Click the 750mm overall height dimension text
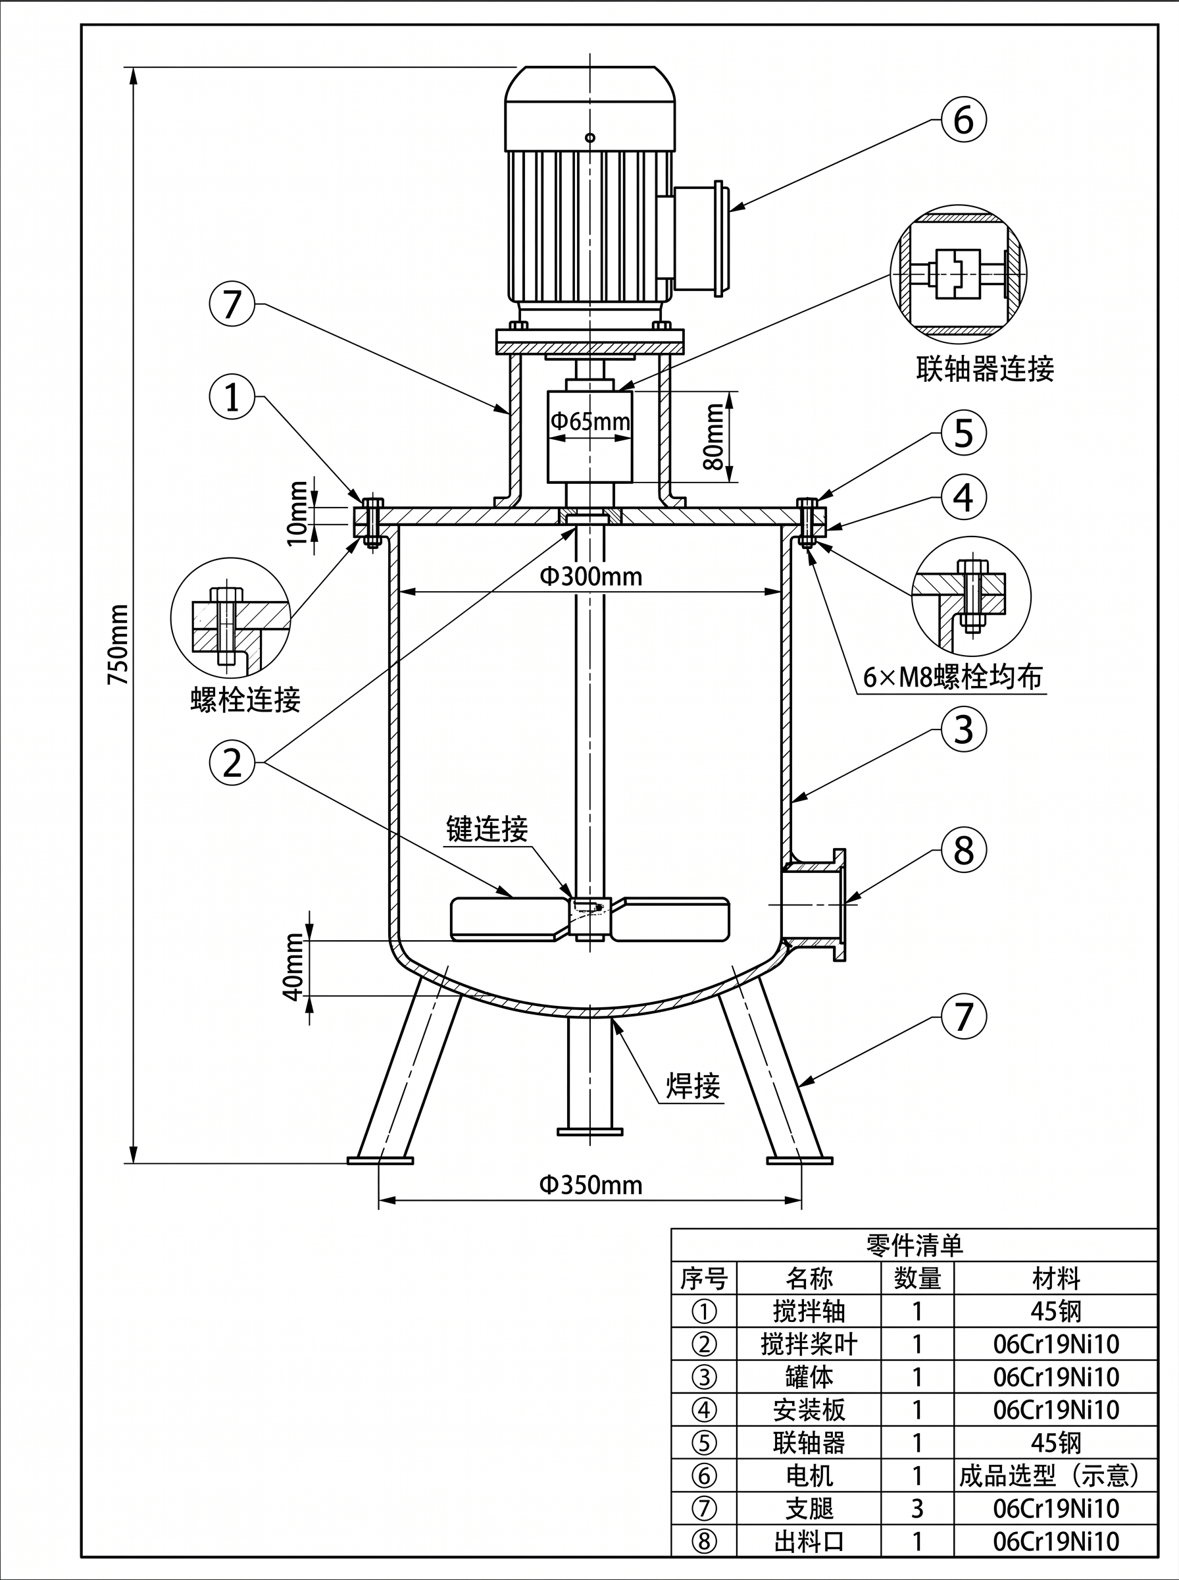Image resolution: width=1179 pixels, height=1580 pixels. point(118,645)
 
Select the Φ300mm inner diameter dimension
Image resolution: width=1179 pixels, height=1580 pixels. point(590,576)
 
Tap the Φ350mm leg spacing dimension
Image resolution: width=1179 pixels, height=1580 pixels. point(590,1184)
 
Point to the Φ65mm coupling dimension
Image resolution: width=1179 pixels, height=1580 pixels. point(589,421)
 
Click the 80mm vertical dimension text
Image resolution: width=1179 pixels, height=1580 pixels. point(713,436)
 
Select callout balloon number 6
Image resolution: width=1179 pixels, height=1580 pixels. point(963,120)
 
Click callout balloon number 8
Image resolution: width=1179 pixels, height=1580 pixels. point(963,850)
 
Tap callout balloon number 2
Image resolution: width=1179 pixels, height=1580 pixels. point(232,762)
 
